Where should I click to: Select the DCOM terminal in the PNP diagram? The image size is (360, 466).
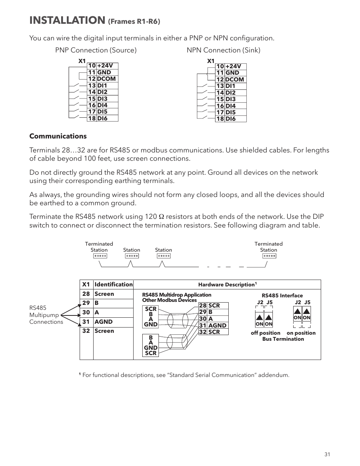(106, 79)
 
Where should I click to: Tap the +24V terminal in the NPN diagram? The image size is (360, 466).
(233, 66)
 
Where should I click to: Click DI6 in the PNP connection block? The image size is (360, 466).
(102, 118)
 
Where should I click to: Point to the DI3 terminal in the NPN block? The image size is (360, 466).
(230, 99)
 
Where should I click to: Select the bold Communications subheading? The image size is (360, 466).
(58, 136)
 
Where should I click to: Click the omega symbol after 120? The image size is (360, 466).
(161, 217)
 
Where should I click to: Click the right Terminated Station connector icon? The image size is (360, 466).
(269, 256)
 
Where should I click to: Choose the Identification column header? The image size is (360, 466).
(113, 285)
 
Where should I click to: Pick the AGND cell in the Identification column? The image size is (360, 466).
(103, 322)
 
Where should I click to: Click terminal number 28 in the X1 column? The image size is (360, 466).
(86, 294)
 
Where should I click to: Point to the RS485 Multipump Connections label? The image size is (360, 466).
(46, 315)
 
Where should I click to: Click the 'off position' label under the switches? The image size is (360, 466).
(265, 333)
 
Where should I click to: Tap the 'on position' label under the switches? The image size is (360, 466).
(301, 333)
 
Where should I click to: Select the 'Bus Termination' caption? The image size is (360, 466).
(283, 339)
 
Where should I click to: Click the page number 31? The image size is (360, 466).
(327, 454)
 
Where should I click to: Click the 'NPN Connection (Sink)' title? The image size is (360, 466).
(223, 50)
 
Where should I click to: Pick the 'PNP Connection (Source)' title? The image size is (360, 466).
(96, 50)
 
